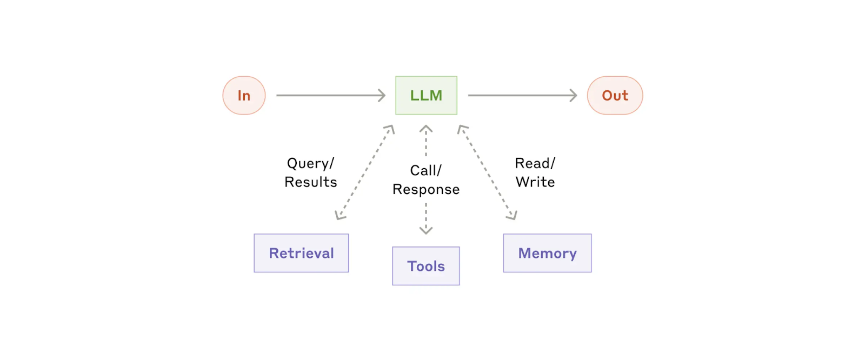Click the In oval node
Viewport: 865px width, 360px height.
pos(244,95)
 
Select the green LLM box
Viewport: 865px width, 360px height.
pos(426,95)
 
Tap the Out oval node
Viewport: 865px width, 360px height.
pos(615,95)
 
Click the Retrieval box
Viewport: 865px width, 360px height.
pos(301,253)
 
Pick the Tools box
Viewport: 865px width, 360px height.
pos(426,266)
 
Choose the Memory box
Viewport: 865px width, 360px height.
pos(547,253)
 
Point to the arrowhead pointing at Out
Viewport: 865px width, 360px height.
pos(574,95)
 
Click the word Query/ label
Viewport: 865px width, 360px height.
pos(310,163)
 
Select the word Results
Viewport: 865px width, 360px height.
pos(311,182)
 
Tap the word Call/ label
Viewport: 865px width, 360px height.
pos(426,170)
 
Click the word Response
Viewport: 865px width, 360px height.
pos(426,190)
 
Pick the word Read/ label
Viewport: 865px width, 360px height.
pos(535,163)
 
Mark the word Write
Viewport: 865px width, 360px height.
pos(535,182)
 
